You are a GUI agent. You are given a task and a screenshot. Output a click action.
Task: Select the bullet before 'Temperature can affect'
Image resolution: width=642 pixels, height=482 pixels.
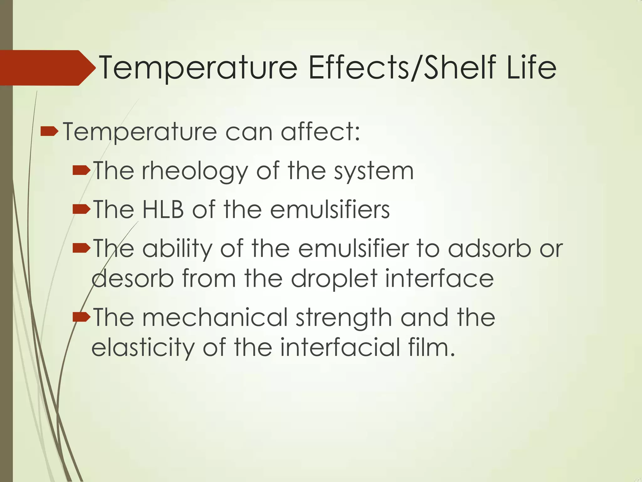tap(49, 131)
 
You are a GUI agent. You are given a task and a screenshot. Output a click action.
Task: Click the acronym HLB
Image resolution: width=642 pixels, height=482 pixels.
tap(163, 209)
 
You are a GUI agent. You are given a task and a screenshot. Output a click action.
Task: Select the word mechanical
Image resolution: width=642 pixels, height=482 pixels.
tap(215, 317)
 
